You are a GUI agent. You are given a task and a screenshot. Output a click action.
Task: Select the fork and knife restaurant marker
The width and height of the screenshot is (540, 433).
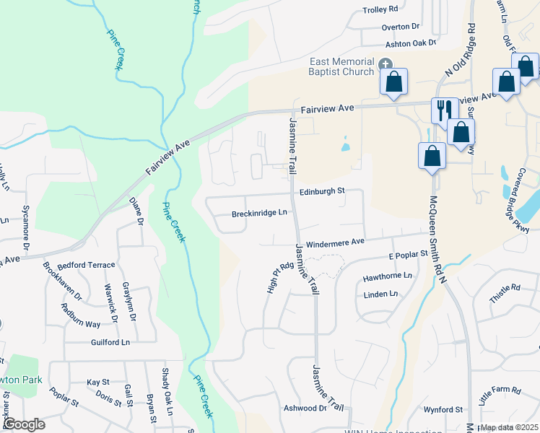pyautogui.click(x=444, y=110)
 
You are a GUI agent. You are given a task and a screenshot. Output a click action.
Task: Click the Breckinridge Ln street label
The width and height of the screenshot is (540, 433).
pyautogui.click(x=259, y=214)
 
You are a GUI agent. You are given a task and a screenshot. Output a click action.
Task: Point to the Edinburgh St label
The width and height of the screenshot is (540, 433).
pyautogui.click(x=323, y=191)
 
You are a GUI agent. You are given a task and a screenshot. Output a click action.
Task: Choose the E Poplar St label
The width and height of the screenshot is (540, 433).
pyautogui.click(x=409, y=256)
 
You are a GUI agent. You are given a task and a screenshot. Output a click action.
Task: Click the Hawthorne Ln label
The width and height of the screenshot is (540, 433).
pyautogui.click(x=387, y=276)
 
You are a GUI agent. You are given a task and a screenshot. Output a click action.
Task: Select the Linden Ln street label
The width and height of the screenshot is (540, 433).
pyautogui.click(x=380, y=294)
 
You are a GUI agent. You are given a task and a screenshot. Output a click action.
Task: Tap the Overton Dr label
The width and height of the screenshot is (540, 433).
pyautogui.click(x=400, y=26)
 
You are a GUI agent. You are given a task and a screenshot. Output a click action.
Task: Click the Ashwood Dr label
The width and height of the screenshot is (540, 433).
pyautogui.click(x=305, y=408)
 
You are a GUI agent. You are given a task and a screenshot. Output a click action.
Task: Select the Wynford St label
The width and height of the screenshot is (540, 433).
pyautogui.click(x=443, y=409)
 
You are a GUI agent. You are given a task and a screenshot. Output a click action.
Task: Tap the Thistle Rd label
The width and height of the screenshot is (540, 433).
pyautogui.click(x=505, y=293)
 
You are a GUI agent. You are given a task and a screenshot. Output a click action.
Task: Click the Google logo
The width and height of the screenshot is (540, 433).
pyautogui.click(x=24, y=425)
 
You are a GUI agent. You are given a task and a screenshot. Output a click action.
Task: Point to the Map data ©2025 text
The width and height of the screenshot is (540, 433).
pyautogui.click(x=510, y=427)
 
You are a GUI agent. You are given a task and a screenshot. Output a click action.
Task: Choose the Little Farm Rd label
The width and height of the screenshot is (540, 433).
pyautogui.click(x=500, y=390)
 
